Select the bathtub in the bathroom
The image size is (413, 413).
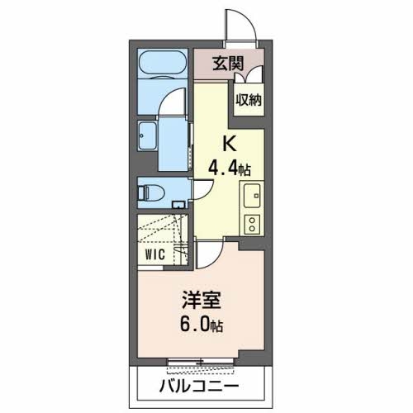(163, 63)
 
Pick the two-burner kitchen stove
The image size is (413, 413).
(250, 224)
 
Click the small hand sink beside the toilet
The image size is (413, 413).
(177, 202)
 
